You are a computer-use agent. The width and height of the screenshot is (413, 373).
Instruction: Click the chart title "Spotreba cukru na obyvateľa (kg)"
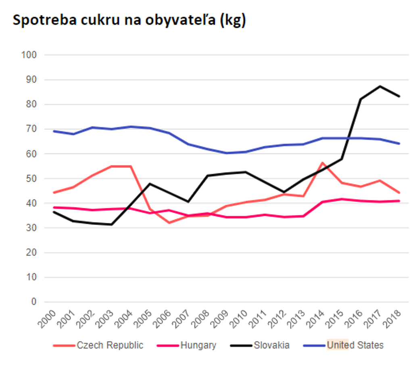point(129,21)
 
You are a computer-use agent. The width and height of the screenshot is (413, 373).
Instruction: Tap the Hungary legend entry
point(198,345)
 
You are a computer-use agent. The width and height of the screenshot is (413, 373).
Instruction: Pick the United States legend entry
point(355,345)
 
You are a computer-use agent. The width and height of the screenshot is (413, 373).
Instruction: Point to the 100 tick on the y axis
point(29,55)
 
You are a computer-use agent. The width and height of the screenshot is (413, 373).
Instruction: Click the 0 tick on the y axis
point(34,302)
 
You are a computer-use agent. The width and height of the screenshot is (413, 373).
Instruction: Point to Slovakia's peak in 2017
point(380,86)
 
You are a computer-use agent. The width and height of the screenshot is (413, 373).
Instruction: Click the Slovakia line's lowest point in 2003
point(111,224)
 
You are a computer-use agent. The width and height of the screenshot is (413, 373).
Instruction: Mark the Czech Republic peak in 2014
point(323,163)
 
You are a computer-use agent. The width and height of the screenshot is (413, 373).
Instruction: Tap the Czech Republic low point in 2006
point(169,223)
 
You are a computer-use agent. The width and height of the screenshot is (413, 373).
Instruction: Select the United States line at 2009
point(226,153)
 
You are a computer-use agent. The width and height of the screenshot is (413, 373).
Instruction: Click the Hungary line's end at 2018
point(399,201)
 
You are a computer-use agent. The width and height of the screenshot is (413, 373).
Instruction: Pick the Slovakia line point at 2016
point(361,99)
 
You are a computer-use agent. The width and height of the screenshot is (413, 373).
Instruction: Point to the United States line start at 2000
point(54,131)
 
